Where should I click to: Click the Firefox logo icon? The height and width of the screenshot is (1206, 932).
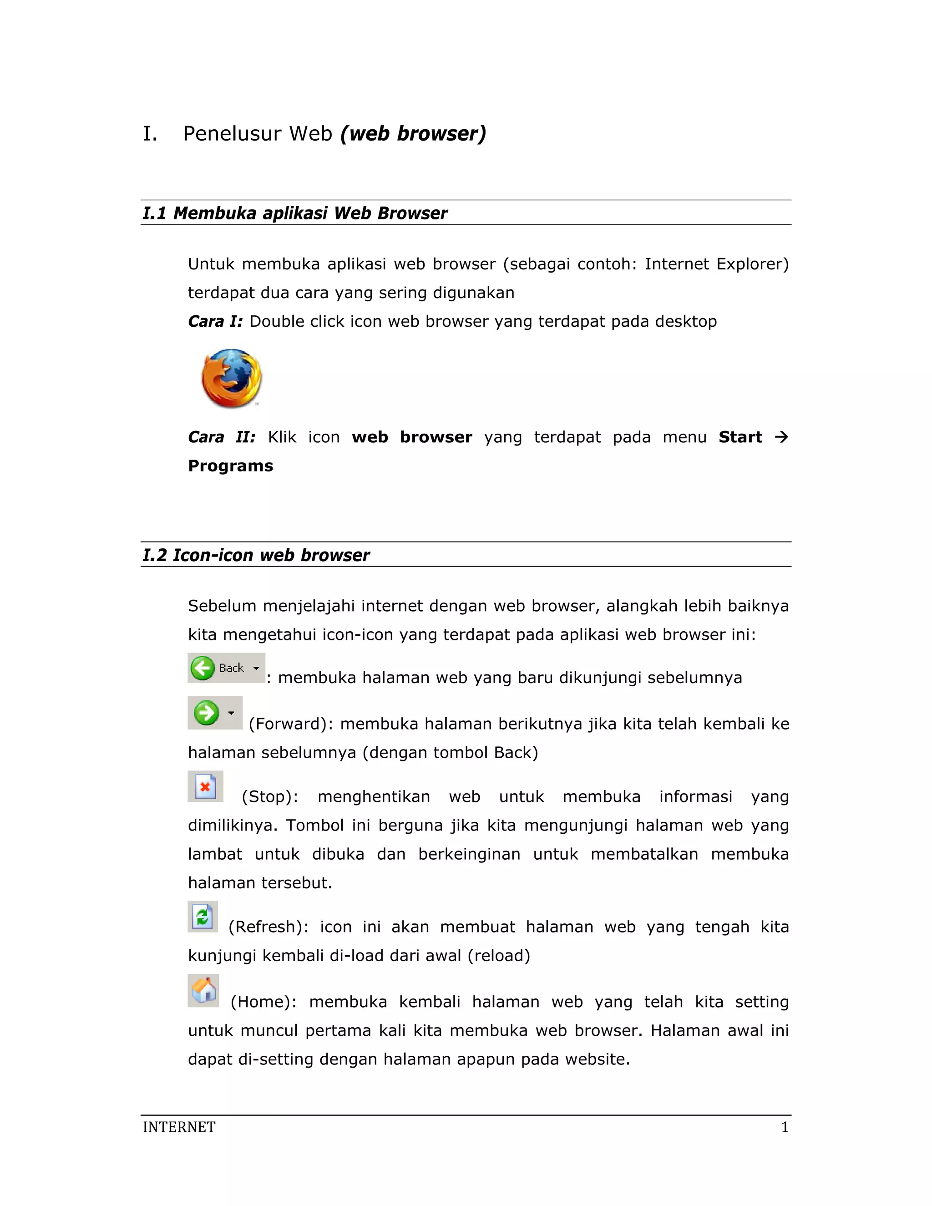(x=231, y=378)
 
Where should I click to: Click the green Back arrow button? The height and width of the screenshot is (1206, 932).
(x=203, y=668)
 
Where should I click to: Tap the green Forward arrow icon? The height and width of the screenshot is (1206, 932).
(x=207, y=713)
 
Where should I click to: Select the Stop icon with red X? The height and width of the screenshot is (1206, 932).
(x=205, y=786)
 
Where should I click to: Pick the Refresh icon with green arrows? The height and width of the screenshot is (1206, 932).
(x=203, y=917)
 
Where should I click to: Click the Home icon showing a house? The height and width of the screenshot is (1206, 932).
(x=203, y=991)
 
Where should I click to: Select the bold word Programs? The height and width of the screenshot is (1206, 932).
(x=230, y=466)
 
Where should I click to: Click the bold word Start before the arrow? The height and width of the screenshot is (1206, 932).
(x=740, y=437)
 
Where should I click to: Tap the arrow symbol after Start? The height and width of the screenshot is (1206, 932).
(x=781, y=437)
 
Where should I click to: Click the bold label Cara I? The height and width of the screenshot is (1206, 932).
(x=215, y=321)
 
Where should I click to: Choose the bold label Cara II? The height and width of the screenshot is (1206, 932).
(x=222, y=437)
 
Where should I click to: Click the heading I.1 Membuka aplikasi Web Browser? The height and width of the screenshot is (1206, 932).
(x=295, y=213)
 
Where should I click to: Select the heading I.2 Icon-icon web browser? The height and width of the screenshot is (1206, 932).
(x=256, y=555)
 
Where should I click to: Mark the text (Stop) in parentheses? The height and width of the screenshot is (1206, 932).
(x=270, y=797)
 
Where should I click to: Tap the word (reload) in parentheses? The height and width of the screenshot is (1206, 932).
(x=499, y=955)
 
